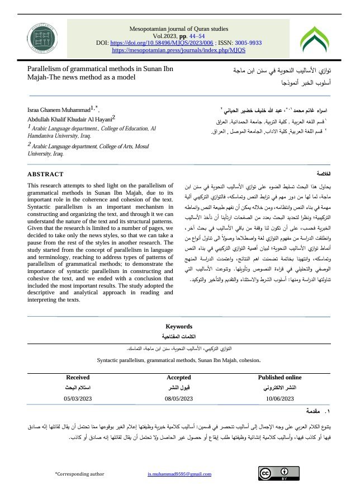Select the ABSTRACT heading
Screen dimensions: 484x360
tap(45, 174)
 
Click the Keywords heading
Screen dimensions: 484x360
tap(179, 326)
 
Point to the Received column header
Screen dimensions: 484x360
tap(78, 378)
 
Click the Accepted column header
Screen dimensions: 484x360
tap(179, 378)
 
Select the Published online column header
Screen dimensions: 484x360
tap(280, 378)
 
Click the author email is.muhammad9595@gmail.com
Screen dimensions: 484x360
tap(179, 474)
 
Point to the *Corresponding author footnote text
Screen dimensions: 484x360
tap(79, 474)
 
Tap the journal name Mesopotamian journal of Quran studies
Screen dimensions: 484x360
tap(179, 27)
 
